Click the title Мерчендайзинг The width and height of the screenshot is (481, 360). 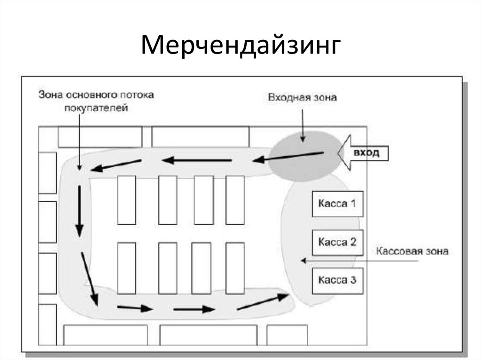[241, 46]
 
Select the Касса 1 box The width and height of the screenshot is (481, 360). [337, 204]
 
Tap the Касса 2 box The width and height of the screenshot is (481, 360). [337, 243]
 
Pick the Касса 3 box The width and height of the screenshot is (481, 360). [337, 281]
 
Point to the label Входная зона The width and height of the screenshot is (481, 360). [303, 98]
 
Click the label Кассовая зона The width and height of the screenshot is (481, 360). [412, 251]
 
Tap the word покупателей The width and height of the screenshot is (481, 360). [96, 108]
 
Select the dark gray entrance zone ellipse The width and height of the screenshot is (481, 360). [305, 156]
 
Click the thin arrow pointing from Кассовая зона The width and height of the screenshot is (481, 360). [359, 261]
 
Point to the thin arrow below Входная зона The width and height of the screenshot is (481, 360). [303, 126]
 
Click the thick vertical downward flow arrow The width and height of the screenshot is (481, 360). [79, 211]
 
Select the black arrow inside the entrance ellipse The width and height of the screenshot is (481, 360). [288, 156]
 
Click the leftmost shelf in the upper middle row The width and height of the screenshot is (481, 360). [127, 200]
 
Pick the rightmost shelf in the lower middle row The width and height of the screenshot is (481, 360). [235, 268]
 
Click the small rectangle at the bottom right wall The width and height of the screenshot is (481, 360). [287, 335]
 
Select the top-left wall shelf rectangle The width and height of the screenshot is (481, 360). [100, 137]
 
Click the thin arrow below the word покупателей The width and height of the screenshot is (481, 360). [79, 142]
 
